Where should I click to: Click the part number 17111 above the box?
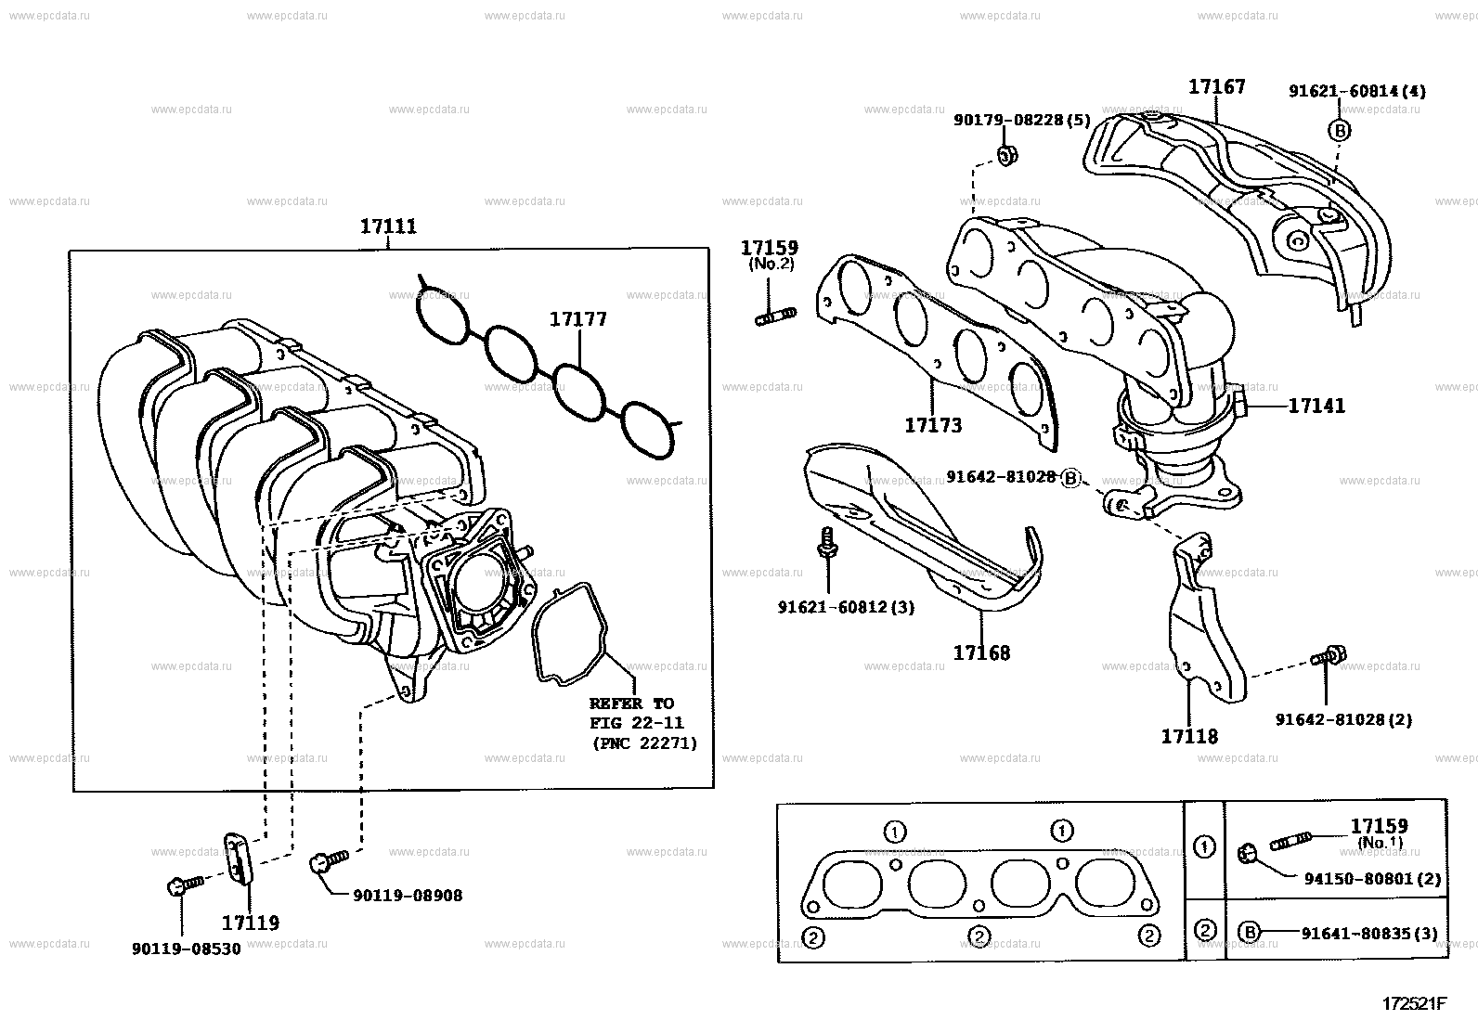(388, 226)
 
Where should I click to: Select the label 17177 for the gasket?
(578, 319)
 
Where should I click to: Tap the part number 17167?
(1217, 86)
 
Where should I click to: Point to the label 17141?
(1316, 406)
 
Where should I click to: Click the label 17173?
(933, 425)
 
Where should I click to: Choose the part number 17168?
(981, 653)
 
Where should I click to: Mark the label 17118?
(1189, 736)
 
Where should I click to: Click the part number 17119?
(250, 923)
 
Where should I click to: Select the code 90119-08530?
(186, 949)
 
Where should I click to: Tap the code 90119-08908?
(408, 896)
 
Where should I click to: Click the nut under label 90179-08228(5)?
(1006, 156)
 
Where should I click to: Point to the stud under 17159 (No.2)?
(775, 316)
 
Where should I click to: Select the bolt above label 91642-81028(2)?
(1329, 656)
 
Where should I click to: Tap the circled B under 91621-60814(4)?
(1339, 131)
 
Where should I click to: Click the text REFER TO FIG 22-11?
(636, 713)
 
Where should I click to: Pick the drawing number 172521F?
(1414, 1003)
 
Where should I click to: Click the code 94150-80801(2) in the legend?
(1372, 879)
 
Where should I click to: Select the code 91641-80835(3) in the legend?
(1369, 934)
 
